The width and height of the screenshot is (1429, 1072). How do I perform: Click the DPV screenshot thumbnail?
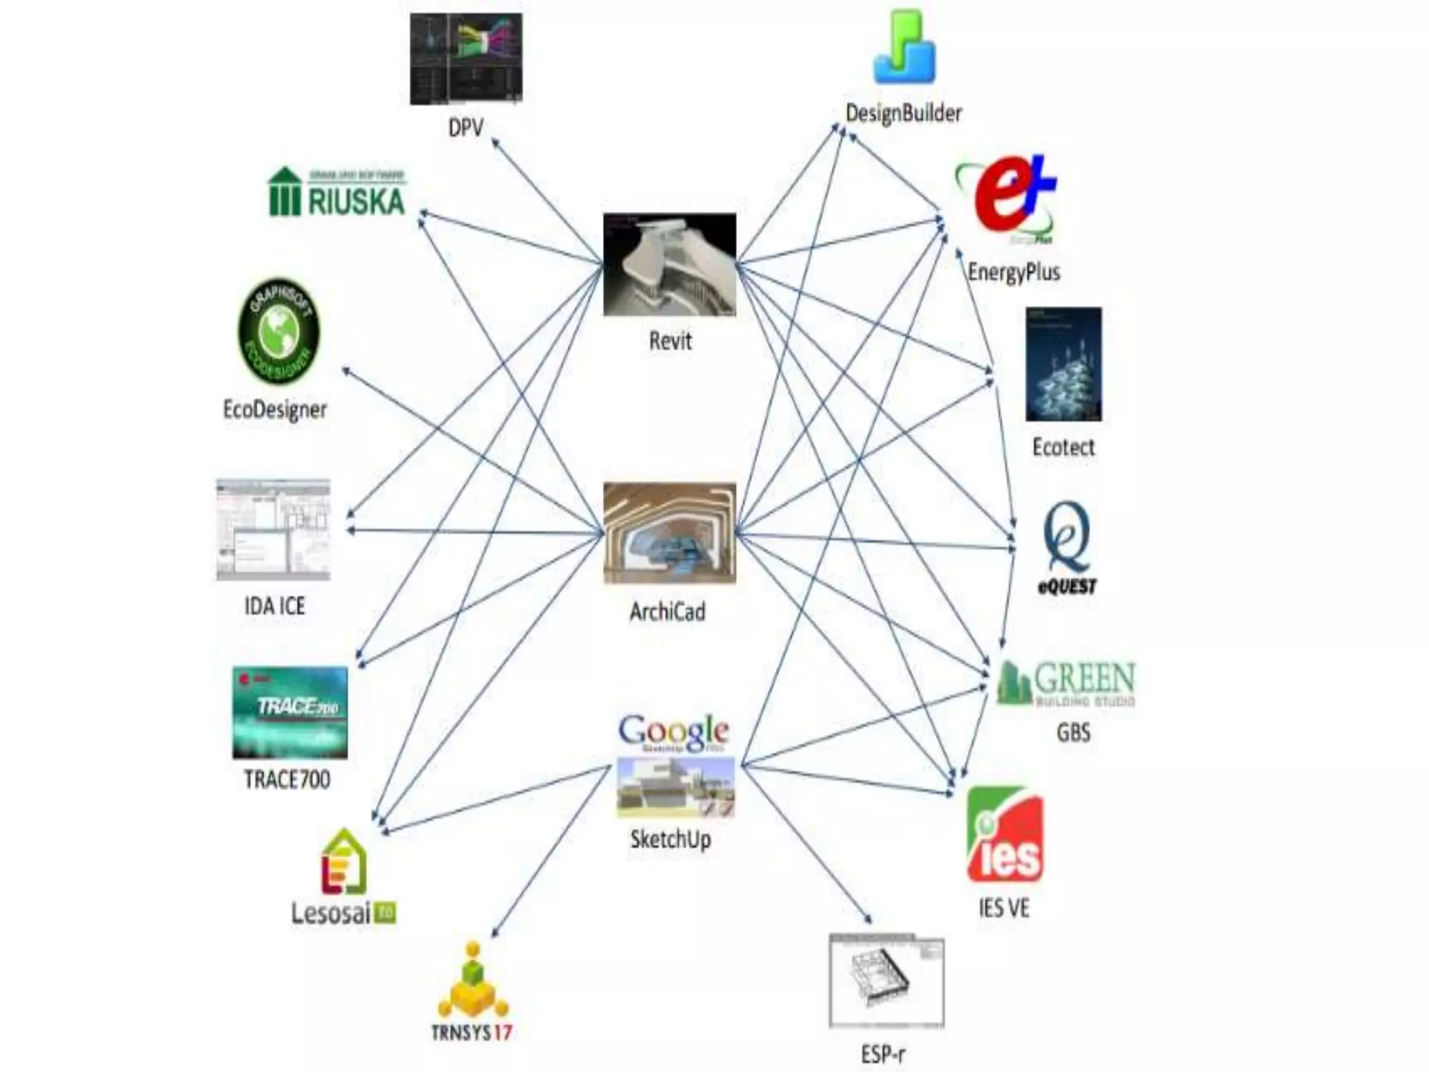coord(465,59)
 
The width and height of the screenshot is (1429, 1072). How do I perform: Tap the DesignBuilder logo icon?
coord(904,47)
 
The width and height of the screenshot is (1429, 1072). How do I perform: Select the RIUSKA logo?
coord(337,193)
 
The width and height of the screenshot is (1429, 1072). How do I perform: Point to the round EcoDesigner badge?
coord(278,332)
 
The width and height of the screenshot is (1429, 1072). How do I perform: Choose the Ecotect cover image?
coord(1063,364)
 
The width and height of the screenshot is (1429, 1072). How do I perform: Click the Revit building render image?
coord(669,265)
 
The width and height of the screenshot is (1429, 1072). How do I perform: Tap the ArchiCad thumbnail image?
coord(669,533)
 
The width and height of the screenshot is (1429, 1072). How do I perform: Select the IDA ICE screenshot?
coord(274,530)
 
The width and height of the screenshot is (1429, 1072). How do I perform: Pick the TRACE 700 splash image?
coord(290,713)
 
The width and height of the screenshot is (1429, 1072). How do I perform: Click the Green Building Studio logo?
coord(1066,683)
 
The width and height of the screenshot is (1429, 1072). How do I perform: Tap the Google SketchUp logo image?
coord(675,766)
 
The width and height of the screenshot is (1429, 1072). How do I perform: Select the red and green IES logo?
coord(1005,835)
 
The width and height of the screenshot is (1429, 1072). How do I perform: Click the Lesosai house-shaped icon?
coord(343,863)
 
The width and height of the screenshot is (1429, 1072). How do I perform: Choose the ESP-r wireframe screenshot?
coord(886,981)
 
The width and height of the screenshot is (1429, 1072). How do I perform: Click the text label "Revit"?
coord(670,341)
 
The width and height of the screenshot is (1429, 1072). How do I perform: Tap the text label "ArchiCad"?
coord(668,612)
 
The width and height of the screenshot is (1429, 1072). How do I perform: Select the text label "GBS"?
coord(1073,733)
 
